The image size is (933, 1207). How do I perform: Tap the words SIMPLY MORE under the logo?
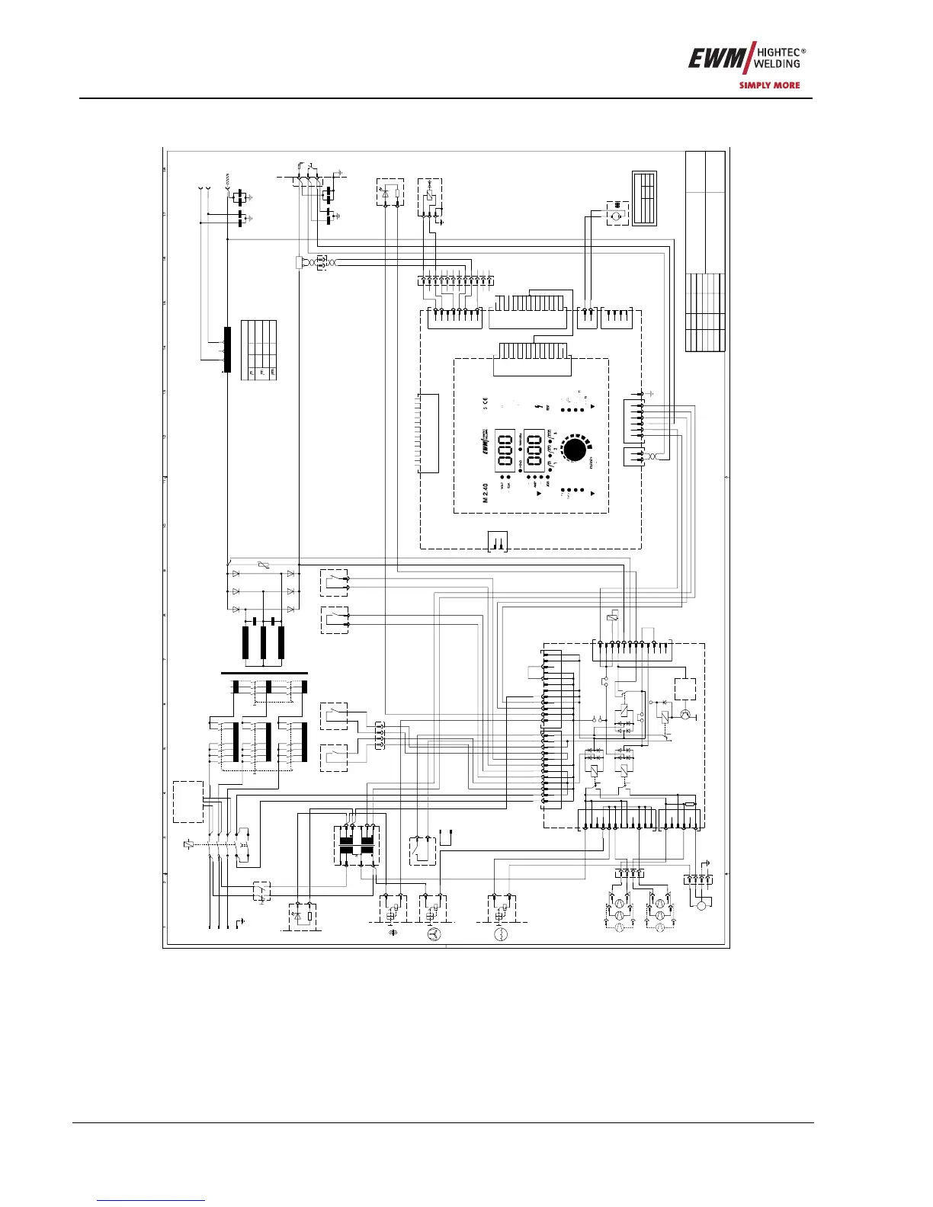(x=769, y=85)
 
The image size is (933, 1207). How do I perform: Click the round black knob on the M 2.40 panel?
(x=577, y=450)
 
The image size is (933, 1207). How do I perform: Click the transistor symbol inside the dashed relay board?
(x=685, y=714)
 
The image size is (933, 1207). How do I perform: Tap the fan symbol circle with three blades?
(x=432, y=934)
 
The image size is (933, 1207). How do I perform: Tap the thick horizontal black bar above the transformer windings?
(x=264, y=673)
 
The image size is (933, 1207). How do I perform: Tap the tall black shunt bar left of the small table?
(x=226, y=349)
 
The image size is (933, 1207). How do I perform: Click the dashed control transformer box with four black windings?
(x=357, y=844)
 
